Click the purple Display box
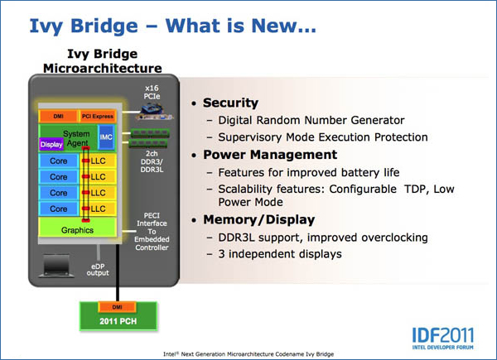pos(51,144)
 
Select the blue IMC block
pos(106,137)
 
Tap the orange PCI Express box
pos(97,116)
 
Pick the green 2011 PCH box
pos(118,315)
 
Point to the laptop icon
pos(56,266)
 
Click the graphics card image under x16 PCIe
pos(155,113)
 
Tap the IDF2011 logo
pos(443,338)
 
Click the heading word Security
pos(230,103)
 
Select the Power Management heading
pos(270,155)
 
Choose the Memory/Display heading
pos(259,220)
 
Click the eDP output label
pos(98,270)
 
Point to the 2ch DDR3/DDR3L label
pos(152,161)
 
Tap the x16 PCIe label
pos(152,92)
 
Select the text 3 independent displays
pos(280,254)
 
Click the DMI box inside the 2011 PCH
pos(118,307)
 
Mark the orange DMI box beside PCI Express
pos(58,116)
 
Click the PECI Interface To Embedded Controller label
pos(152,232)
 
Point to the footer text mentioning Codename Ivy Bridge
pos(248,354)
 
